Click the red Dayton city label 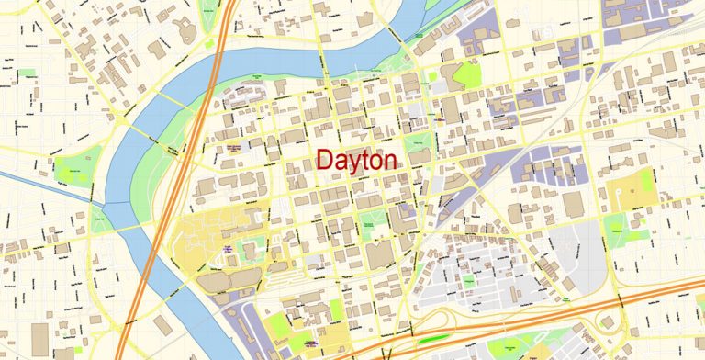[x=356, y=161]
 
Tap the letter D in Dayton [x=323, y=161]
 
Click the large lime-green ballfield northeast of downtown [x=466, y=74]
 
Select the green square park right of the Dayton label [x=418, y=145]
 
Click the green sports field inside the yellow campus [x=248, y=247]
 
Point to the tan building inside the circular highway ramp [x=605, y=321]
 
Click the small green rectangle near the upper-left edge [x=27, y=73]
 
